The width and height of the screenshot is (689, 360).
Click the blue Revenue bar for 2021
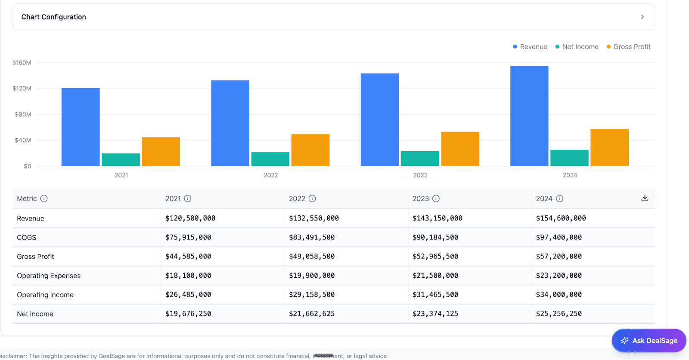coord(81,127)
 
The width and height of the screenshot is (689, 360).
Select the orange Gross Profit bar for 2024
coord(609,148)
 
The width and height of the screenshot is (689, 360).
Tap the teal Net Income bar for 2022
coord(270,159)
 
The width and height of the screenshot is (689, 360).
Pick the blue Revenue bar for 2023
coord(380,120)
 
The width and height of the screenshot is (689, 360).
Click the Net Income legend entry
coord(577,47)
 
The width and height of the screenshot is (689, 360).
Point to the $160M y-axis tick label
coord(22,63)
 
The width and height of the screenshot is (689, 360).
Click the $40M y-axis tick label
coord(23,140)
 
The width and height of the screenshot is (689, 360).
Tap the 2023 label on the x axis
coord(420,175)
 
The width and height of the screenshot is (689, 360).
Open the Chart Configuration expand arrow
coord(642,17)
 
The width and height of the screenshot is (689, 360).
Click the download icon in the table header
coord(645,198)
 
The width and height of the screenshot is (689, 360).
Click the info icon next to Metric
coord(44,199)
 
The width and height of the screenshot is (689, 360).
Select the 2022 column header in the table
coord(297,199)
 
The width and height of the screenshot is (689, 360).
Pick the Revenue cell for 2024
coord(561,218)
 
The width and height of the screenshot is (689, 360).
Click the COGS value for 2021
coord(188,237)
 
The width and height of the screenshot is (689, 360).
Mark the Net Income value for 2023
coord(435,314)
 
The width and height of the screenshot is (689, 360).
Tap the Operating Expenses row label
coord(49,276)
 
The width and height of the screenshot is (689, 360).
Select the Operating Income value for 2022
coord(312,295)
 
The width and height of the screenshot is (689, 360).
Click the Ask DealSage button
coord(649,341)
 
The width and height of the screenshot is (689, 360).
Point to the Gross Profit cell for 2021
coord(188,257)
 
